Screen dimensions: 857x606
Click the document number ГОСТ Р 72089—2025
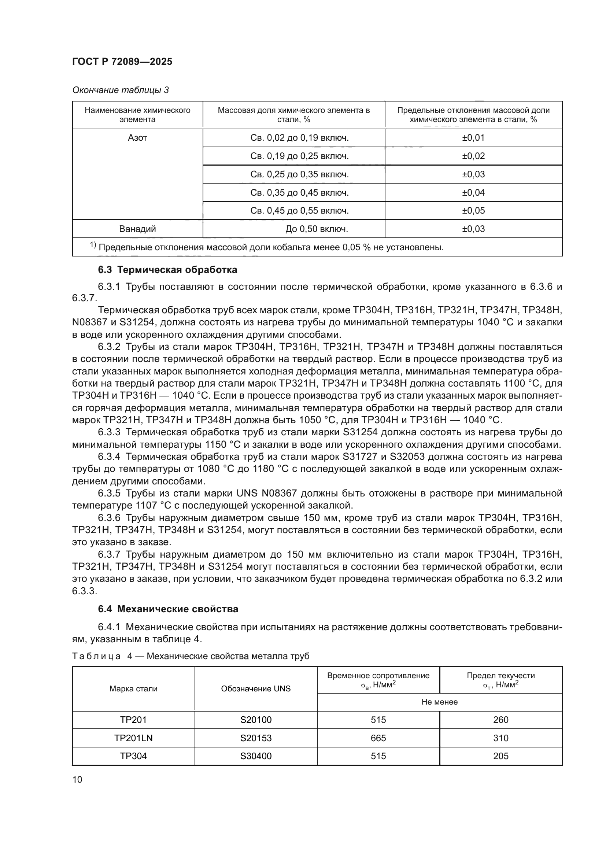[x=122, y=62]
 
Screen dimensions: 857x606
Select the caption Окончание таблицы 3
[x=120, y=90]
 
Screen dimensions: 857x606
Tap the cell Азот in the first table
[x=137, y=138]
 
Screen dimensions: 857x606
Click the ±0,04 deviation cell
[x=473, y=193]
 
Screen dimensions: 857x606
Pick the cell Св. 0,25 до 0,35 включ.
[x=299, y=174]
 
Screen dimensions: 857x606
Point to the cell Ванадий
[x=137, y=229]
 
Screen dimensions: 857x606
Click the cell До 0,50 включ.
[x=317, y=229]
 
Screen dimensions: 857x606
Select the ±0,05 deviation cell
[x=473, y=211]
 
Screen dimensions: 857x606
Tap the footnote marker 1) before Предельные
[x=93, y=245]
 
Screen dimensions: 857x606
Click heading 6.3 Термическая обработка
[x=167, y=270]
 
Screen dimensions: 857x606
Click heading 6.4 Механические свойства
[x=168, y=609]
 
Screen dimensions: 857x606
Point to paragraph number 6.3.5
[x=109, y=494]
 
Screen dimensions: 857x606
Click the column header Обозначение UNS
[x=256, y=689]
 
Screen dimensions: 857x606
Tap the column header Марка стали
[x=133, y=689]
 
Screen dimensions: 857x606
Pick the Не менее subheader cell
[x=439, y=702]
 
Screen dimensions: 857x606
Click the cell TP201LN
[x=133, y=738]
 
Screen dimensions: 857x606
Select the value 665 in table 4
[x=378, y=738]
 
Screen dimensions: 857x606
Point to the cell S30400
[x=256, y=756]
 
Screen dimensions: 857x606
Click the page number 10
[x=77, y=779]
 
